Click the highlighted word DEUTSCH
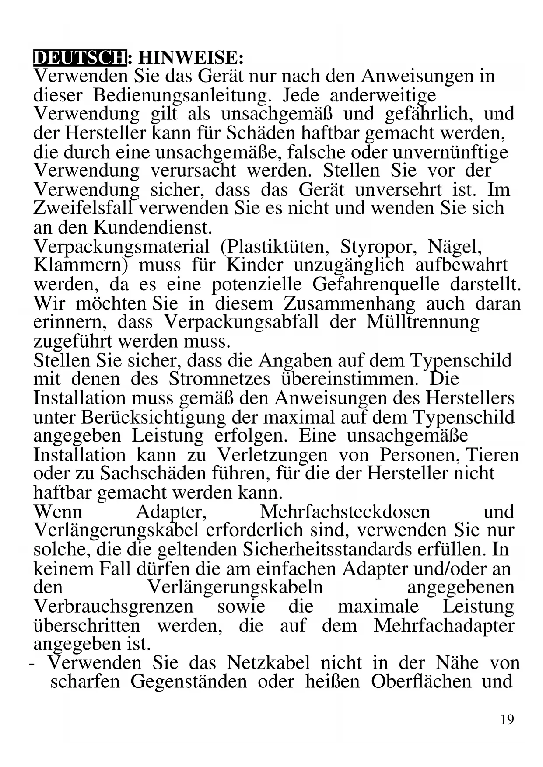pyautogui.click(x=79, y=58)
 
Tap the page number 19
pyautogui.click(x=507, y=719)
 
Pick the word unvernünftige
pyautogui.click(x=450, y=152)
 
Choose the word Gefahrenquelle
pyautogui.click(x=375, y=285)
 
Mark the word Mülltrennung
pyautogui.click(x=423, y=322)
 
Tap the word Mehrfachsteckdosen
pyautogui.click(x=345, y=512)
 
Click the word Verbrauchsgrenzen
pyautogui.click(x=113, y=607)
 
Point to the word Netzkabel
pyautogui.click(x=268, y=663)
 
